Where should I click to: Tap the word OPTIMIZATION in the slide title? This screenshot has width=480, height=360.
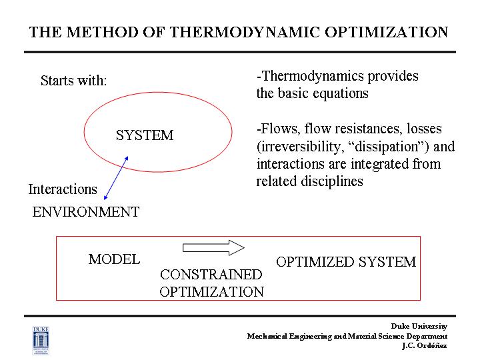(386, 32)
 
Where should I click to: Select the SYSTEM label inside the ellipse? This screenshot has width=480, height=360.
(145, 135)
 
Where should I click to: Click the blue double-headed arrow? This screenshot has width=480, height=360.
(116, 178)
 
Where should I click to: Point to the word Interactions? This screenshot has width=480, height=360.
(63, 189)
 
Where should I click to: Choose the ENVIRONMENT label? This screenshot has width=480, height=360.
(86, 212)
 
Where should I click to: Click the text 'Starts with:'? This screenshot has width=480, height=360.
(74, 81)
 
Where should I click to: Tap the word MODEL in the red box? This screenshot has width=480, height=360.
(114, 259)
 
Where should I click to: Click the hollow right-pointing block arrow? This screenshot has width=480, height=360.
(213, 247)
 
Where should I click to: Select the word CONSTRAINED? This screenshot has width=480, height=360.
(211, 275)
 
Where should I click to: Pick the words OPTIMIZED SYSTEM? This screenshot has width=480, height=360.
(346, 262)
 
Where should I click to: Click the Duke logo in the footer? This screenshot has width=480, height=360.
(41, 341)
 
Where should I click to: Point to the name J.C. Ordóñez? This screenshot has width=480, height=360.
(425, 345)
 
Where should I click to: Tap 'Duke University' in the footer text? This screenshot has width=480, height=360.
(419, 326)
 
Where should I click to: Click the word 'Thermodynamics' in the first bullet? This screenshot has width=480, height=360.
(313, 76)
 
